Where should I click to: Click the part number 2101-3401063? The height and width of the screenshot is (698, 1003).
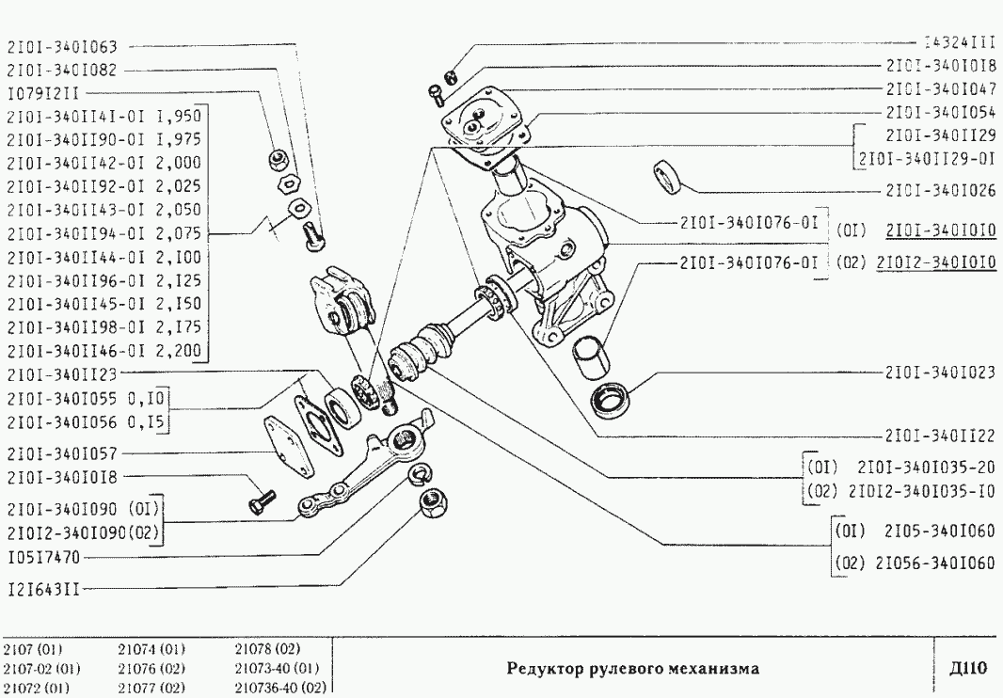(62, 44)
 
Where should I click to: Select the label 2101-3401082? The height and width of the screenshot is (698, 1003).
(62, 69)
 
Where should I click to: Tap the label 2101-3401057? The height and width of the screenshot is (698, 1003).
(62, 452)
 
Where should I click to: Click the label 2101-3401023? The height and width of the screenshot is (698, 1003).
(942, 372)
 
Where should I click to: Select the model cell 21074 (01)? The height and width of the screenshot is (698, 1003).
(151, 649)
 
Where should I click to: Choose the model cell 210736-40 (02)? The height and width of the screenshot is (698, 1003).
(279, 688)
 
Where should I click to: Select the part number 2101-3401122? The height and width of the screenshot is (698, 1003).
(942, 436)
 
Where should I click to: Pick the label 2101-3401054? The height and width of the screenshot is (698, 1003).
(942, 112)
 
